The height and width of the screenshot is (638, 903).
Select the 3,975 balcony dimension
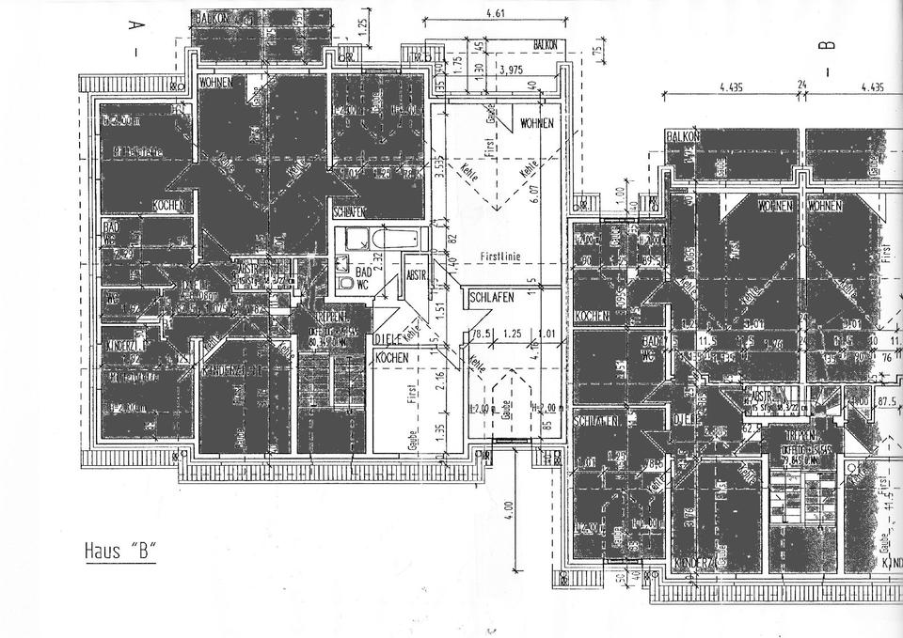(x=511, y=70)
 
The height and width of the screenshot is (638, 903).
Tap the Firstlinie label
(x=499, y=255)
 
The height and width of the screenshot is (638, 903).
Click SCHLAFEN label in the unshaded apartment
(x=492, y=297)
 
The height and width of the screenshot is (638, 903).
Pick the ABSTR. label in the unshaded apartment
(x=415, y=277)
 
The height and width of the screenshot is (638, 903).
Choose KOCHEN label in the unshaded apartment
(x=392, y=359)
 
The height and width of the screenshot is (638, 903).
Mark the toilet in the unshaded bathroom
(x=344, y=281)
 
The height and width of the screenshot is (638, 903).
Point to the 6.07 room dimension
(x=533, y=197)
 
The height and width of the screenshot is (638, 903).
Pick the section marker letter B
(x=829, y=42)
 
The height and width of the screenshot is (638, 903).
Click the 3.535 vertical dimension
(x=438, y=171)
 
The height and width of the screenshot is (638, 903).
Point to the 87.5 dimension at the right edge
(x=884, y=401)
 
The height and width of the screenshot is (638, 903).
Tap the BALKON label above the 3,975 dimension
(x=545, y=45)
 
